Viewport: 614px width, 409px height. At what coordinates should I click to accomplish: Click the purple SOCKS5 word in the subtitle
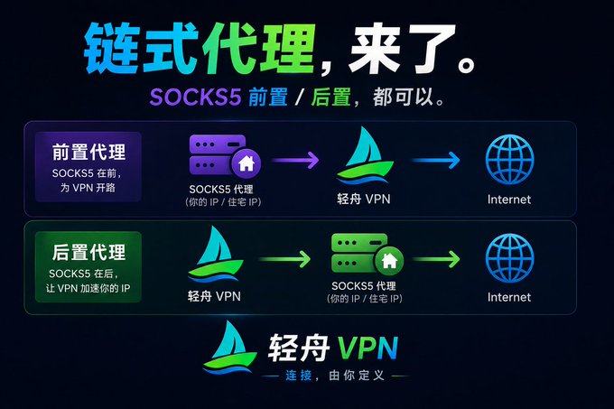tap(195, 97)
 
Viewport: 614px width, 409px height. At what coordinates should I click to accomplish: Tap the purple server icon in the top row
tap(224, 156)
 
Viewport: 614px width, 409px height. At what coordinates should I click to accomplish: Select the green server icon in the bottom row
tap(367, 255)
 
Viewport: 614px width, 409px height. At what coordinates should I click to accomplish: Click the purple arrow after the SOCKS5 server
tap(295, 160)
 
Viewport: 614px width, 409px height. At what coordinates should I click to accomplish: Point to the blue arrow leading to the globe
tap(436, 160)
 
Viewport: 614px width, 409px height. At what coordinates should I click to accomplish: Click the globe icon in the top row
tap(509, 159)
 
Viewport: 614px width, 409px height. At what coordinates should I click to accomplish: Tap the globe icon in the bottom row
tap(509, 258)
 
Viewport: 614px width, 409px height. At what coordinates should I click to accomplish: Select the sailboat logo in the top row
tap(365, 155)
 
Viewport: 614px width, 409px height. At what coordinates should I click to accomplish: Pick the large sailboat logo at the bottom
tap(229, 348)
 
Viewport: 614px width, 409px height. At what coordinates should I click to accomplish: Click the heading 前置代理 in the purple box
tap(88, 152)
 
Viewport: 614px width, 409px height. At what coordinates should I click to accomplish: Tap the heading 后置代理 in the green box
tap(88, 252)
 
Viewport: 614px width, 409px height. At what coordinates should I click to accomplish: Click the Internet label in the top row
tap(509, 200)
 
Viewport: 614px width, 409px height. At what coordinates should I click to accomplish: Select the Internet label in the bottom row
tap(509, 297)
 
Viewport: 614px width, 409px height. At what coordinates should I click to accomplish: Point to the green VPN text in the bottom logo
tap(367, 348)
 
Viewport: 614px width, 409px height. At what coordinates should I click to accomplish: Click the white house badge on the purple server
tap(247, 163)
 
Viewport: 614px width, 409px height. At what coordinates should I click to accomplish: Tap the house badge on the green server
tap(389, 261)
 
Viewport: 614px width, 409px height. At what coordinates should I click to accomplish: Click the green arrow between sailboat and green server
tap(284, 259)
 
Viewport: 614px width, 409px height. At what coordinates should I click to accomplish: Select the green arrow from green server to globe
tap(436, 259)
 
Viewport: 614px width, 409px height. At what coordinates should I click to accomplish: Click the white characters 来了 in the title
tap(403, 49)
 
